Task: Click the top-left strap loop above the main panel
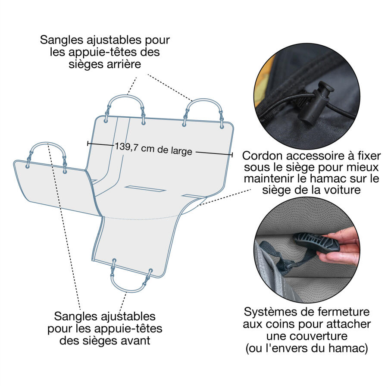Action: pos(125,103)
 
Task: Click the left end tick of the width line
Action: pos(88,143)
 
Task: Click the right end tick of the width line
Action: pos(232,154)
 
